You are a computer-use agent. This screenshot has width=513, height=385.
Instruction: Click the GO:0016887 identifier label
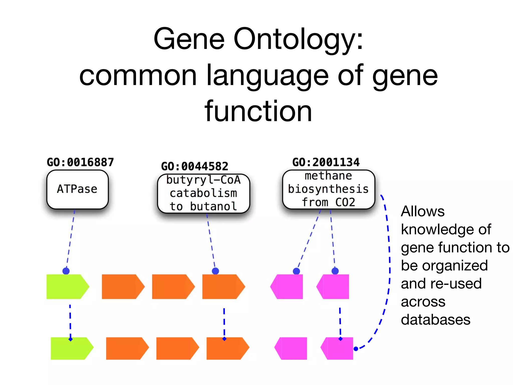tap(80, 162)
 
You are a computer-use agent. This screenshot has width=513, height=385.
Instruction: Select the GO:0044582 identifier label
tap(194, 166)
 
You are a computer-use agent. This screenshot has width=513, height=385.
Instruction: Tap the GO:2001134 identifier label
tap(326, 162)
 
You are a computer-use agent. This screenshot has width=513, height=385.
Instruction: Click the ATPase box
tap(77, 189)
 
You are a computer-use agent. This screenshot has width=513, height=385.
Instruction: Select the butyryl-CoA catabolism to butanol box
tap(203, 193)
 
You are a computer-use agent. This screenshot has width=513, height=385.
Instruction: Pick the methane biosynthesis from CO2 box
tap(328, 189)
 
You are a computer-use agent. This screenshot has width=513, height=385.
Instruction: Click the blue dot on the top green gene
tap(66, 271)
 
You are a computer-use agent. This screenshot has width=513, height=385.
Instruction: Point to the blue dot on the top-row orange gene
tap(215, 271)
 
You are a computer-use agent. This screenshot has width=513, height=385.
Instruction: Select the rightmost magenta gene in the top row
tap(333, 286)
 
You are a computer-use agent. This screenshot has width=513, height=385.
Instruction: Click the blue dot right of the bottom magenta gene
tap(356, 349)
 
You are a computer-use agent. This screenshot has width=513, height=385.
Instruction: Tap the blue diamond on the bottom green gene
tap(71, 339)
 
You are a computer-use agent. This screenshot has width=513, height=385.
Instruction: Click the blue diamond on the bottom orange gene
tap(224, 339)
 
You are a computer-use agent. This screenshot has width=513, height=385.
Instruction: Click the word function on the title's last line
tap(258, 111)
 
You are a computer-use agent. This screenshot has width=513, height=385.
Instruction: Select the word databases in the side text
tap(435, 320)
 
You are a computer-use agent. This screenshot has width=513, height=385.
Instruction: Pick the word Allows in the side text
tap(422, 211)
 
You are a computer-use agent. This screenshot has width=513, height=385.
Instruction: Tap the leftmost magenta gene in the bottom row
tap(291, 348)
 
